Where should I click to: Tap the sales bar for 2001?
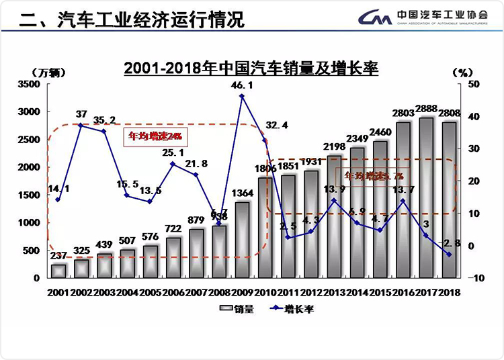[x=58, y=271]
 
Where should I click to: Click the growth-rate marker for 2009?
[x=242, y=96]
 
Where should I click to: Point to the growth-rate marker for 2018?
[x=450, y=255]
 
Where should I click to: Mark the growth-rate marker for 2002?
[x=81, y=125]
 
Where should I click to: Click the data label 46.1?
[x=242, y=85]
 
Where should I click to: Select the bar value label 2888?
[x=427, y=109]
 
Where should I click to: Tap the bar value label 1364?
[x=242, y=194]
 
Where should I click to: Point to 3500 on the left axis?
[x=29, y=84]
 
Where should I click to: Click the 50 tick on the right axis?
[x=474, y=84]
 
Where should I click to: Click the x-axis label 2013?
[x=334, y=292]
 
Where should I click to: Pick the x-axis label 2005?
[x=150, y=292]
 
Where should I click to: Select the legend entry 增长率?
[x=290, y=310]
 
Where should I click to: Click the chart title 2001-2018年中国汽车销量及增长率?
[x=251, y=69]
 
